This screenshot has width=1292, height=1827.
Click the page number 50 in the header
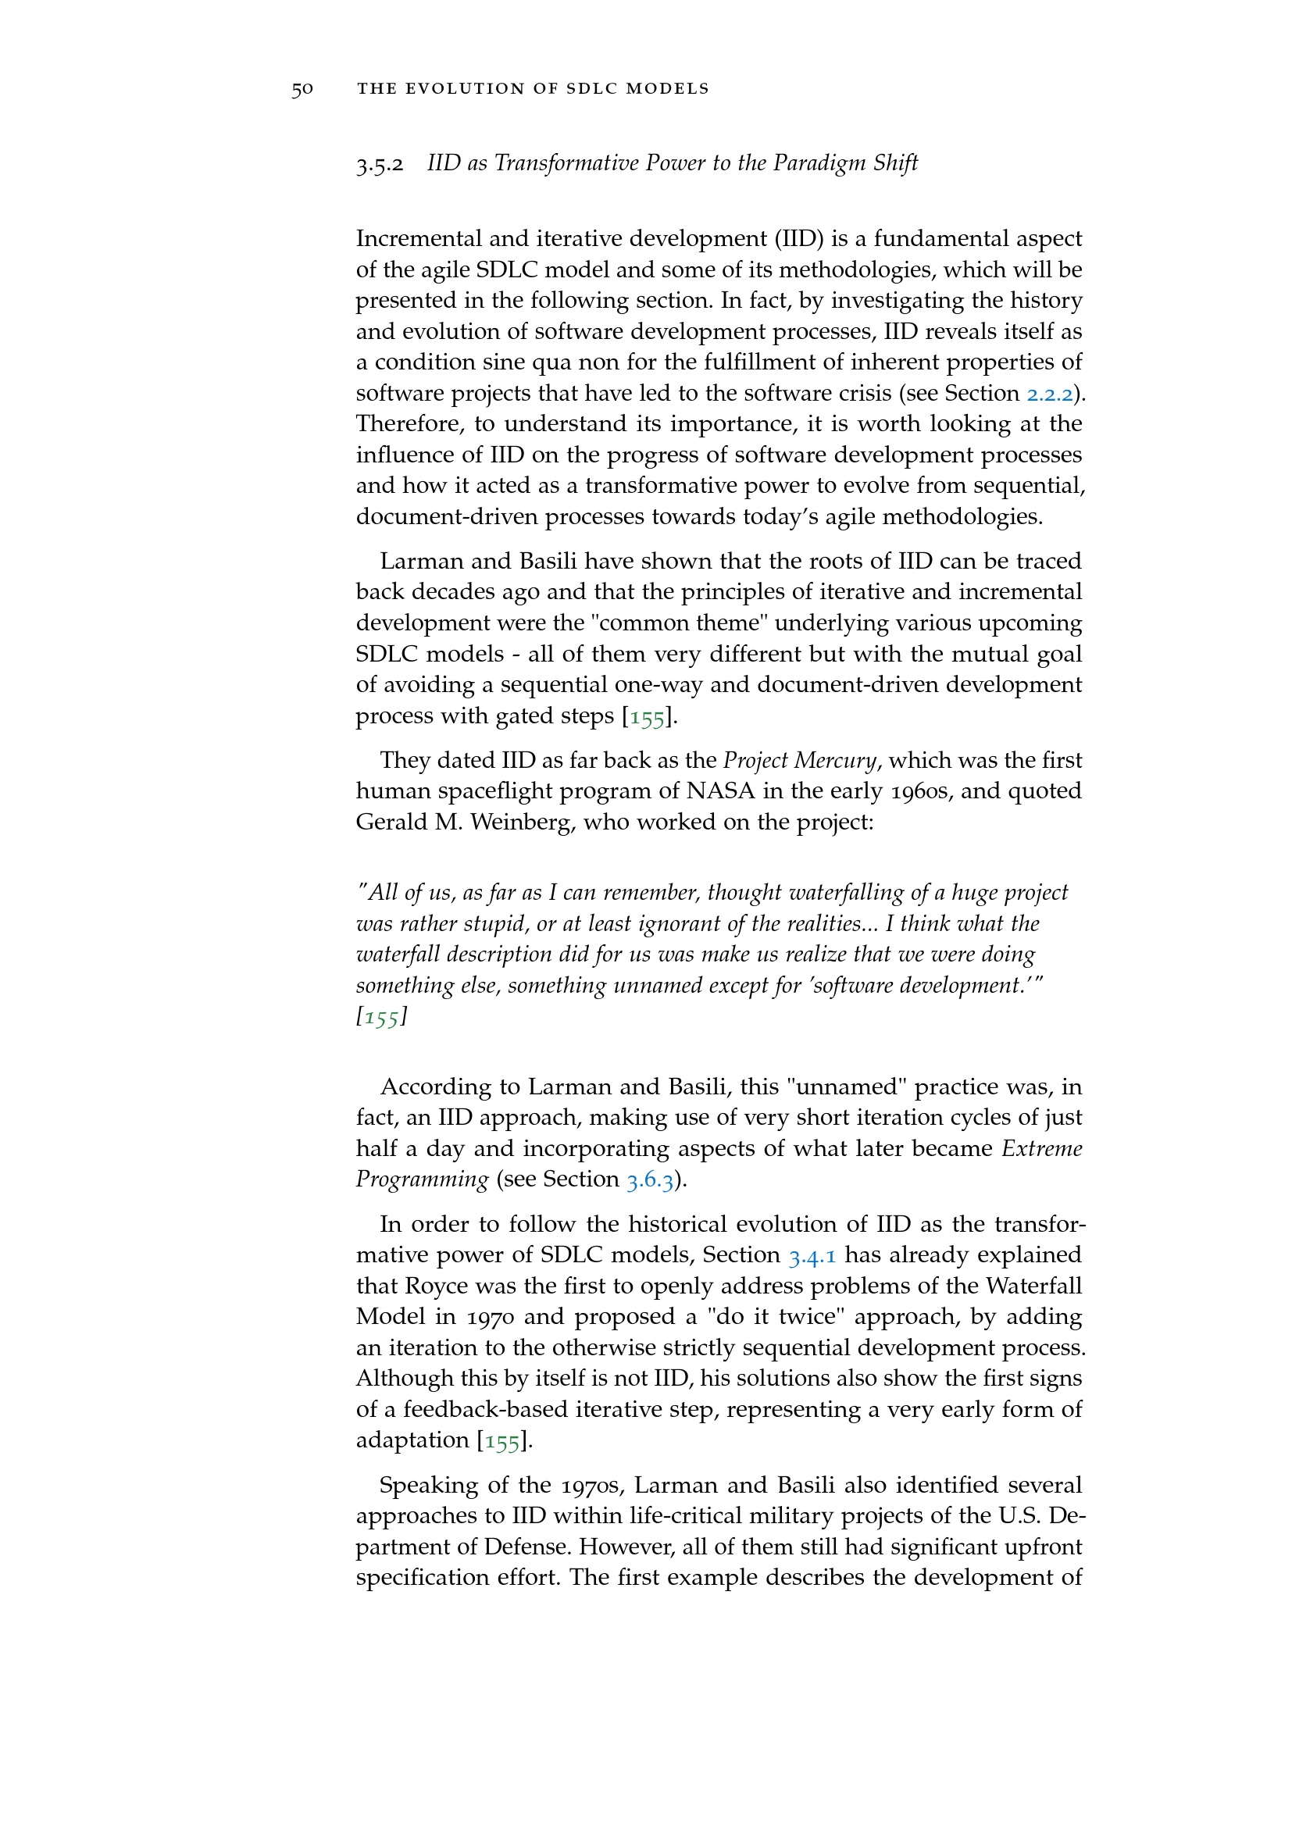point(302,89)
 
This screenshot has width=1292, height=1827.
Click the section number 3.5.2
point(380,165)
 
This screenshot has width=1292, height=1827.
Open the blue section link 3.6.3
point(650,1180)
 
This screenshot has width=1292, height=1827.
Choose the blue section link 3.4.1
point(812,1257)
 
